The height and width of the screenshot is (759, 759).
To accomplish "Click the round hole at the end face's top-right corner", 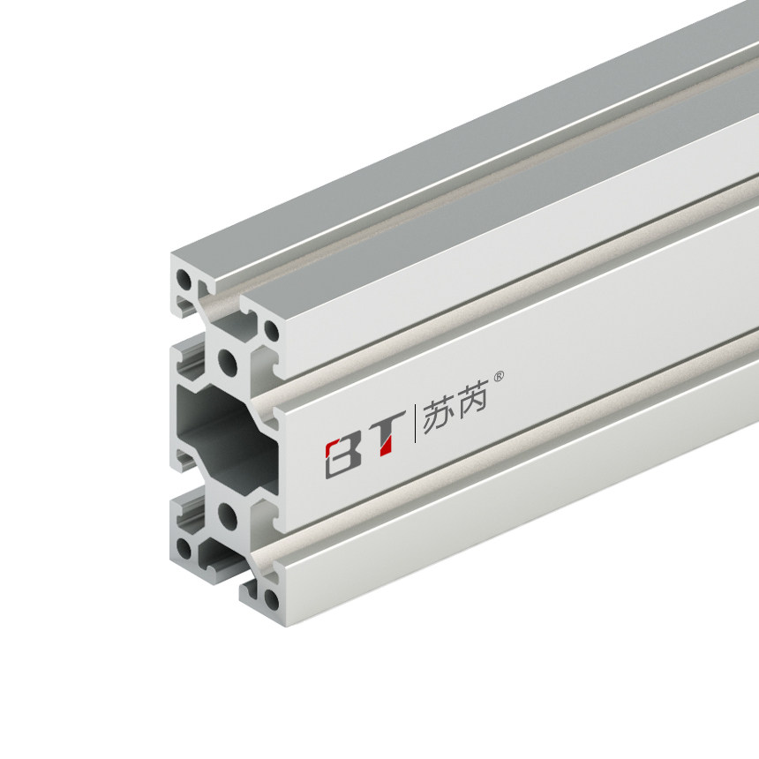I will coord(270,333).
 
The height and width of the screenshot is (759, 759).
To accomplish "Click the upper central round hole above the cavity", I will coord(227,360).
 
